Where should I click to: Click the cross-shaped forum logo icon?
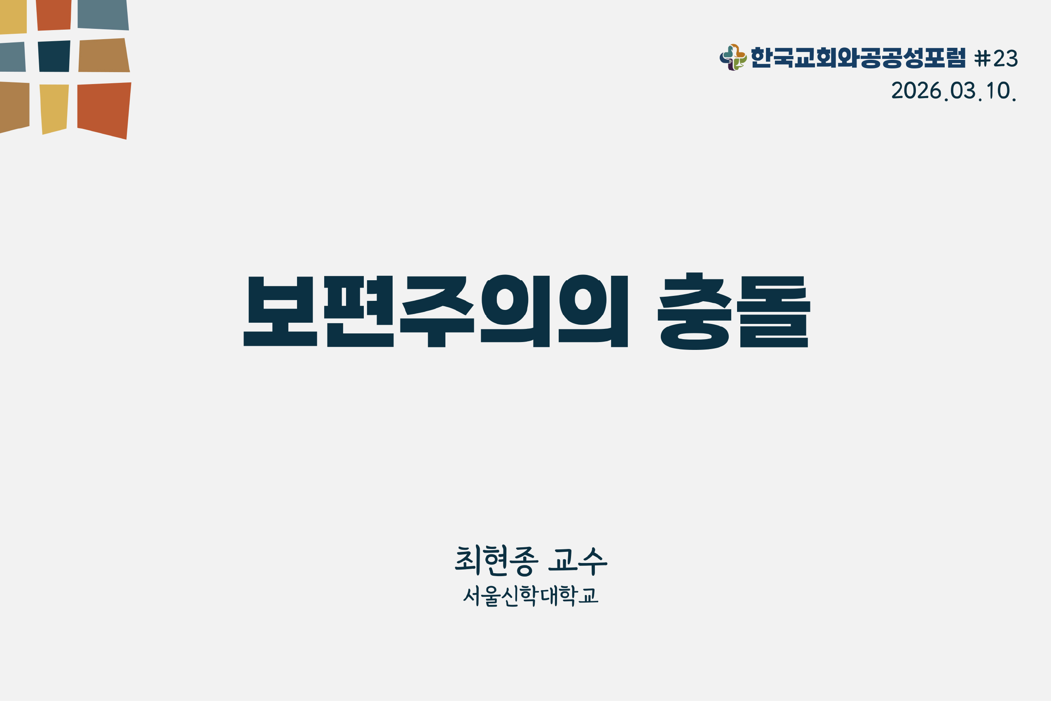(733, 58)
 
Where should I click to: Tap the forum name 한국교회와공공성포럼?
(858, 58)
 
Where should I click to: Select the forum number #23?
(996, 58)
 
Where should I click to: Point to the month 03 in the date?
(963, 90)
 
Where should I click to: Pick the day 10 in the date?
(998, 90)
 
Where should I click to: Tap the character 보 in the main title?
(280, 311)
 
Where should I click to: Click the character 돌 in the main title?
(773, 312)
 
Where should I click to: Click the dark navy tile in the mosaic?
(54, 56)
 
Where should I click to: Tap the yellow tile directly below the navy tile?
(54, 109)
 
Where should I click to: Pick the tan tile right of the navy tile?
(104, 56)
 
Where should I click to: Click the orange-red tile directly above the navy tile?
(54, 15)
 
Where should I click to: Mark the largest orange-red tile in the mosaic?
(104, 110)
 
